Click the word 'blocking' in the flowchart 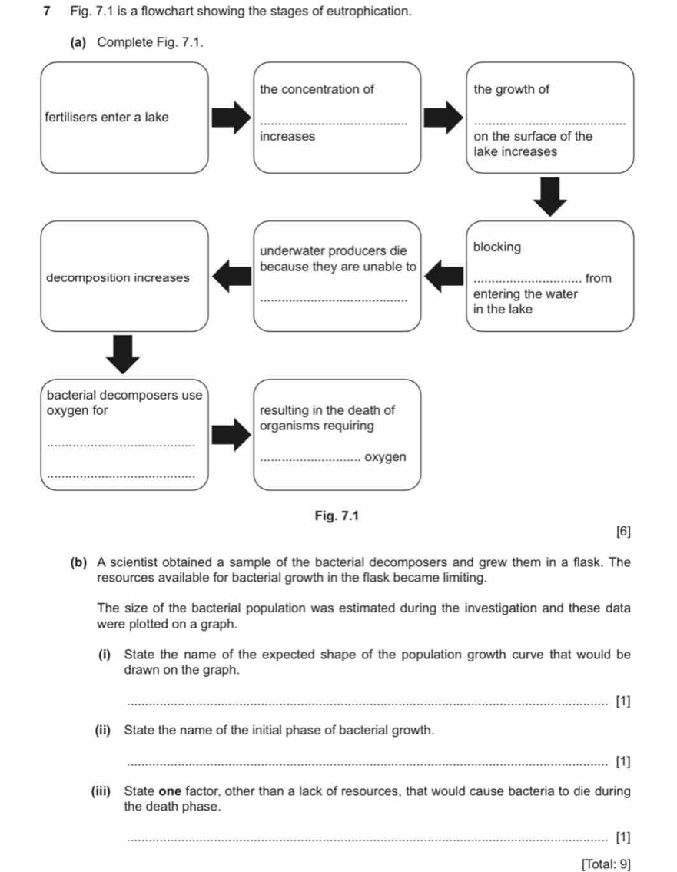tap(497, 247)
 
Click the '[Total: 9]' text tap(606, 864)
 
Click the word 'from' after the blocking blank tap(598, 277)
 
